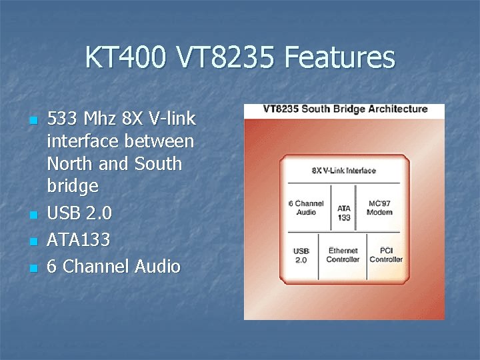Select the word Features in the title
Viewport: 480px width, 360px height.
339,58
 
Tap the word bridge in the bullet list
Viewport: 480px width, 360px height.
73,186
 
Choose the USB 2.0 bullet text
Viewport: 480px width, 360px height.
80,213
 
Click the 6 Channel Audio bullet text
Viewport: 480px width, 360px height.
114,267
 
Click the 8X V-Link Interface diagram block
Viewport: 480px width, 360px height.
343,171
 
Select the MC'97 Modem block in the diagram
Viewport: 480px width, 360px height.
379,207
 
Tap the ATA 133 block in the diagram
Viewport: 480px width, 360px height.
344,213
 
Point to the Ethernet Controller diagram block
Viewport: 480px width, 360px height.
343,255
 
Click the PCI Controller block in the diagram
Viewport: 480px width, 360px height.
385,255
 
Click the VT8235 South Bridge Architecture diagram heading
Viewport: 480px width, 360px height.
345,109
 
